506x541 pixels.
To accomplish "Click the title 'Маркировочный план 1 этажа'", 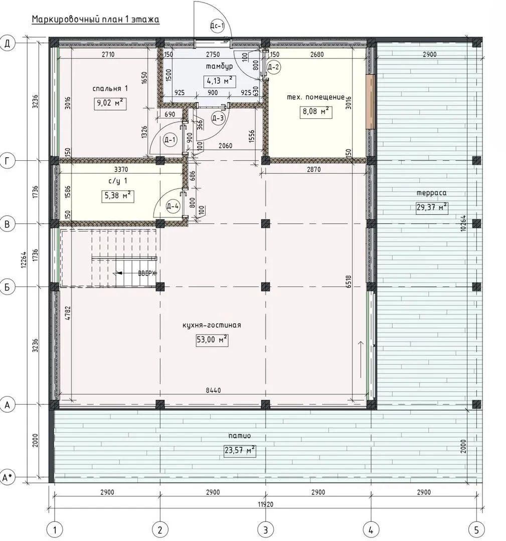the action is (96, 20).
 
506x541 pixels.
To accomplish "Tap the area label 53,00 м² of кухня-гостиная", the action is (212, 340).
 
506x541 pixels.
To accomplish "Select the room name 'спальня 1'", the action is (110, 88).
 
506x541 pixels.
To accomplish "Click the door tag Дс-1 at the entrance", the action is (218, 26).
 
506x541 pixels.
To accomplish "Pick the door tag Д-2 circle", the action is (273, 67).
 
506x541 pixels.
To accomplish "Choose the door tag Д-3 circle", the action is (218, 118).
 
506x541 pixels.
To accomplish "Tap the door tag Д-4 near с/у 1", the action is (173, 206).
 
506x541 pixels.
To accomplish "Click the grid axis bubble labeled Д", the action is (7, 44).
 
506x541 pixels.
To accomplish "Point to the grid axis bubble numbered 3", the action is (265, 529).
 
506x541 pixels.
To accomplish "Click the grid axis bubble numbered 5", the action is (476, 529).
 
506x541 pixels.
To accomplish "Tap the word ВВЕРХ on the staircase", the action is (147, 274).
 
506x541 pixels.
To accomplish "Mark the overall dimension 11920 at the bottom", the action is (265, 504).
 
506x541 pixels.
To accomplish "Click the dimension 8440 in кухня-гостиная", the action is (213, 391).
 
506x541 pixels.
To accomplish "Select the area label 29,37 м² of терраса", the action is (432, 207).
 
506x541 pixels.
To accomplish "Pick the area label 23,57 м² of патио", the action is (240, 451).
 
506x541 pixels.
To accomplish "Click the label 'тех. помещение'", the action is (316, 97).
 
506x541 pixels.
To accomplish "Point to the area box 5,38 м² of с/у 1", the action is (117, 196).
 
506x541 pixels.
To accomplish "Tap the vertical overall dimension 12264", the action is (24, 259).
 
